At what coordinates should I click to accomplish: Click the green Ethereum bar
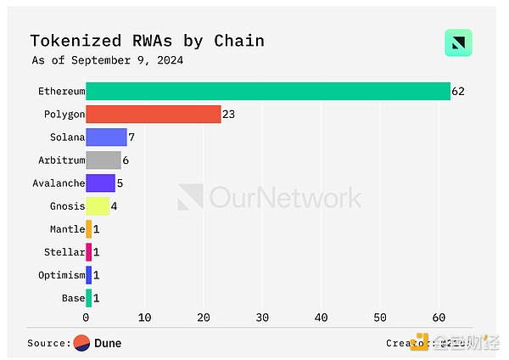click(x=267, y=91)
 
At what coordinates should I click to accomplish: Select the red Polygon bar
click(x=153, y=114)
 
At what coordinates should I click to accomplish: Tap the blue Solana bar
click(x=106, y=137)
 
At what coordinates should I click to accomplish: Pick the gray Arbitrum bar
click(x=103, y=160)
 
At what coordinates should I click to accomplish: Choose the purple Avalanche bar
click(x=100, y=183)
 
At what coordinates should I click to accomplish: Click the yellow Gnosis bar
click(x=97, y=205)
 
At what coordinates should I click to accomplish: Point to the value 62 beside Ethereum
click(x=458, y=91)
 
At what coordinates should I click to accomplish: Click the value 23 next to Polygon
click(x=228, y=114)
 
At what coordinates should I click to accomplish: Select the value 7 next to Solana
click(x=131, y=137)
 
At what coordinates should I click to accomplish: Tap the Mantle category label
click(x=68, y=229)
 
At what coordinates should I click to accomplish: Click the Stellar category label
click(x=64, y=252)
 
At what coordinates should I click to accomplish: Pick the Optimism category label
click(x=62, y=275)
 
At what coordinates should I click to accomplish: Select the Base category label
click(x=73, y=298)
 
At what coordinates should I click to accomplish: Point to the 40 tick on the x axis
click(x=321, y=318)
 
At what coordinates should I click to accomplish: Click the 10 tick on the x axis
click(x=144, y=318)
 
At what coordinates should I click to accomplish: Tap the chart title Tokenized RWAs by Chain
click(x=147, y=41)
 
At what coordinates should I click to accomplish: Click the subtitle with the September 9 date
click(x=107, y=60)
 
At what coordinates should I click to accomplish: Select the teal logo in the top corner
click(x=458, y=42)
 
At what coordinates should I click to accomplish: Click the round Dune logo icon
click(x=82, y=343)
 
